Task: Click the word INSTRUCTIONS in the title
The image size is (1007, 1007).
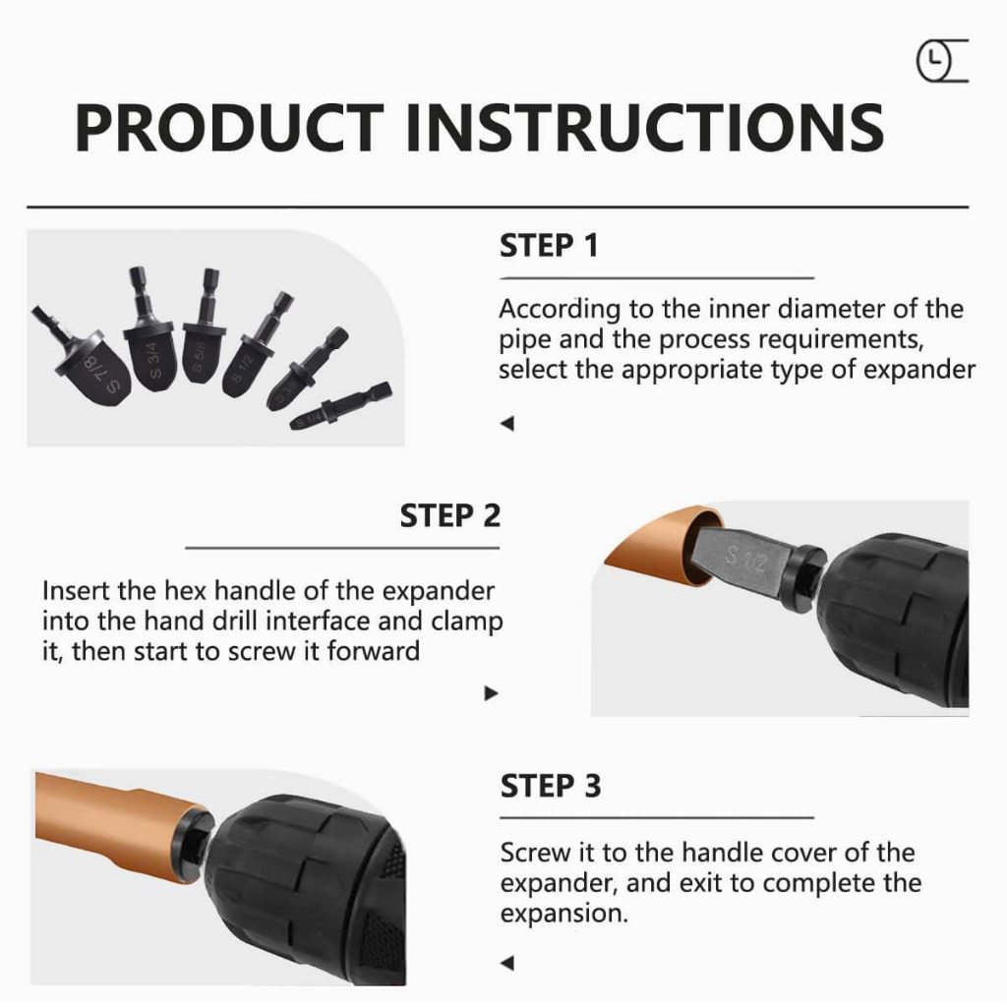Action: (x=645, y=127)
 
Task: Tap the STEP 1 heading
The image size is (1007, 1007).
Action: (x=549, y=246)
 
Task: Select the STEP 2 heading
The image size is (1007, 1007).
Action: (x=450, y=515)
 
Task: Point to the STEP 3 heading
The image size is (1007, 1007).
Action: (x=551, y=786)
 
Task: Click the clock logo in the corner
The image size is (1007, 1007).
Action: (x=941, y=61)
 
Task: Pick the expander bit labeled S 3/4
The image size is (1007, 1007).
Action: (x=149, y=330)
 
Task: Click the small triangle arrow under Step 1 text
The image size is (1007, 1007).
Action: (x=507, y=424)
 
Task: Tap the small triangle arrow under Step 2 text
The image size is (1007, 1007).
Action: (x=492, y=693)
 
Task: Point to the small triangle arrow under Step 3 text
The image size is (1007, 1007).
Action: (x=507, y=964)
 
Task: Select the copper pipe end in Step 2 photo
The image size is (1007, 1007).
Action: (x=662, y=546)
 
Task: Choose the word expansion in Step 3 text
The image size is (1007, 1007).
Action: (x=563, y=914)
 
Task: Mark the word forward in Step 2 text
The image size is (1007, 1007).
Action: (x=373, y=651)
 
